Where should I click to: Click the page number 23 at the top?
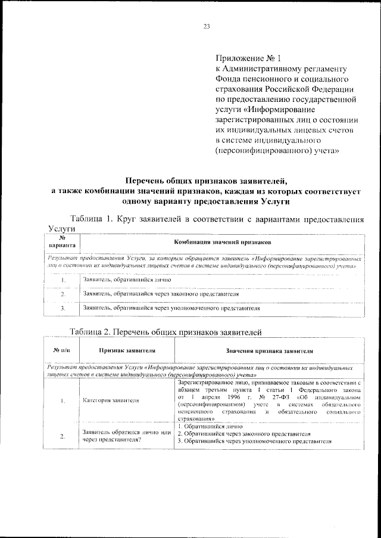[x=207, y=26]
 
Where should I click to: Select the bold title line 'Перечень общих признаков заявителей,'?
[x=205, y=181]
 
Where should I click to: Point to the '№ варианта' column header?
[x=62, y=242]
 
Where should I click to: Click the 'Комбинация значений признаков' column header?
[x=222, y=242]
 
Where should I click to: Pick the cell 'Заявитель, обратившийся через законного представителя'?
[x=161, y=294]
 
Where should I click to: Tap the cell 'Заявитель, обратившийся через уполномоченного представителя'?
[x=172, y=309]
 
